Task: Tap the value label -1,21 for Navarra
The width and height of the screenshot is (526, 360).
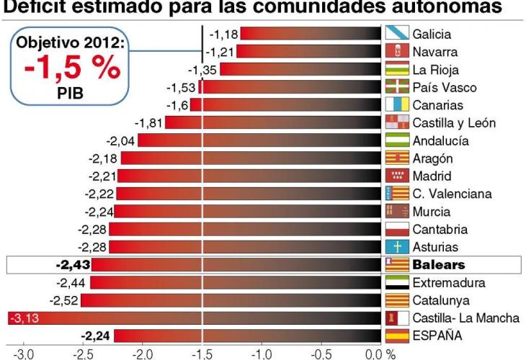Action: [218, 52]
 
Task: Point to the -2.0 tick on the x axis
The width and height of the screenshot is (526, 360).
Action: [143, 354]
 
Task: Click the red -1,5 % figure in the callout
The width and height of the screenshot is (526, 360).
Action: [70, 69]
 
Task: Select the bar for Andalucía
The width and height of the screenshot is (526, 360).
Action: [259, 140]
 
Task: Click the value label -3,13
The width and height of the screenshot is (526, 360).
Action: [22, 318]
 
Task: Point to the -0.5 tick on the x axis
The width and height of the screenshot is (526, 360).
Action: [314, 354]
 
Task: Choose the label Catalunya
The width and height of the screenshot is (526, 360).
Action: [441, 300]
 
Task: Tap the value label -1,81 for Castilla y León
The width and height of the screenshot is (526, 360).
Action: [148, 123]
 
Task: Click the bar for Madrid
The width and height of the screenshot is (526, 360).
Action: [249, 176]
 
